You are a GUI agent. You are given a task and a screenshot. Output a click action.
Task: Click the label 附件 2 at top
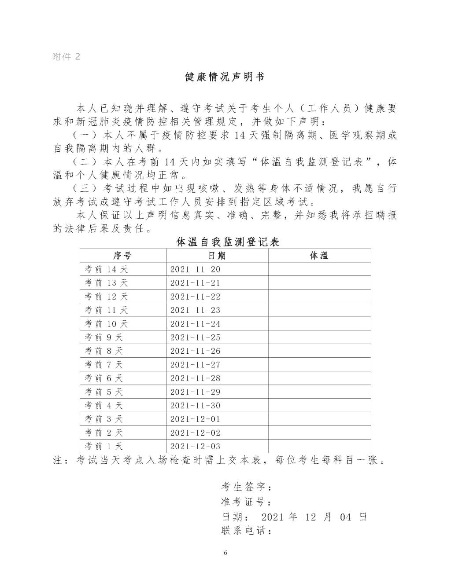66,57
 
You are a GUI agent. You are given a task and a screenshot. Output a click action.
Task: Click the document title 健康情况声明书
225,77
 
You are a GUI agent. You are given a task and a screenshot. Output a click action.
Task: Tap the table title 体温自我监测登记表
228,242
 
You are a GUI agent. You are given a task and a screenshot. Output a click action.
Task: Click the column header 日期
217,256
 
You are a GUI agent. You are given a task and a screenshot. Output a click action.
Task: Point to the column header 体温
319,256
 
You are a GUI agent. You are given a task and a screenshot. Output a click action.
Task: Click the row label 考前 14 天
106,269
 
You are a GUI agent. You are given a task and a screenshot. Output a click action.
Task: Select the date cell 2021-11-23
195,310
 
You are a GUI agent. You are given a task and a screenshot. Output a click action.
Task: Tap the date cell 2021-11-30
195,406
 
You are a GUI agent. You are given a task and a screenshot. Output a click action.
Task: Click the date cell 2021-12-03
195,447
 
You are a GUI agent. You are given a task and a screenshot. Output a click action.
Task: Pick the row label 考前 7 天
104,365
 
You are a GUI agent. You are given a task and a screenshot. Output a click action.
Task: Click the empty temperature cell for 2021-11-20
319,269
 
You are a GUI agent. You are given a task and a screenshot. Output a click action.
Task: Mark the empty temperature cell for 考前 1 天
319,447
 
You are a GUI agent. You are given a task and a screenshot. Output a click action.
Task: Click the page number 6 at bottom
225,553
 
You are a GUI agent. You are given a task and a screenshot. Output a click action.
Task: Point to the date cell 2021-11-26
195,351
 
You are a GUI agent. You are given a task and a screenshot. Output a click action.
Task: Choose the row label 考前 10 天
106,324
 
